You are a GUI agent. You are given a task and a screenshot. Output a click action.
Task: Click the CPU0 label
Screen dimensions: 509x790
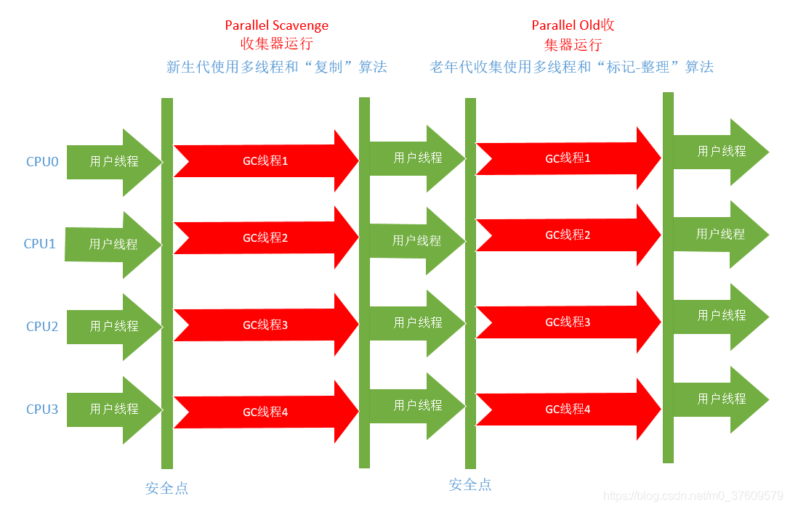[x=42, y=161]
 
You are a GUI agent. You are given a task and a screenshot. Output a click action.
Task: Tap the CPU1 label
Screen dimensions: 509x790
[x=40, y=243]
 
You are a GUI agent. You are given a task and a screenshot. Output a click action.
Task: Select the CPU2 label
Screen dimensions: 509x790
[x=42, y=326]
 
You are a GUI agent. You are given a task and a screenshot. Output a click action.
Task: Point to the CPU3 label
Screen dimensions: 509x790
[x=42, y=409]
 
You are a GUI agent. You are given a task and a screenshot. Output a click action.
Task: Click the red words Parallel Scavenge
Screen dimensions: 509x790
[x=276, y=25]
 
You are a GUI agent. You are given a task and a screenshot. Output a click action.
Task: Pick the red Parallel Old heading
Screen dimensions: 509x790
[x=573, y=25]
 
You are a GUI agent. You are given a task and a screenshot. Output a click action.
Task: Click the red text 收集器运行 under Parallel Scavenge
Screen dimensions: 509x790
[x=276, y=44]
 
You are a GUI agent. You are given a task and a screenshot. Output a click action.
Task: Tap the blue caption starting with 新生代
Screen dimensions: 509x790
[x=276, y=67]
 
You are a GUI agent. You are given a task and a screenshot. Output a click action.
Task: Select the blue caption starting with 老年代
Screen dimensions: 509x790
[x=571, y=67]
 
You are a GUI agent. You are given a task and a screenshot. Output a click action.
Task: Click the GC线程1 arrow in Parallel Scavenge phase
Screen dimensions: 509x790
[x=265, y=160]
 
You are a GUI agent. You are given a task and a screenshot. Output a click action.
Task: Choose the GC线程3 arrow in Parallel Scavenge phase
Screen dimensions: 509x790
[x=265, y=325]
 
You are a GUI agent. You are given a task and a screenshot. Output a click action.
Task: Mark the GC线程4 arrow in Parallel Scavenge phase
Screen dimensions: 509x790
[x=265, y=412]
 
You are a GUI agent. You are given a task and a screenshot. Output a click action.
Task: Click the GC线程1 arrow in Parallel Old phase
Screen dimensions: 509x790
[x=568, y=158]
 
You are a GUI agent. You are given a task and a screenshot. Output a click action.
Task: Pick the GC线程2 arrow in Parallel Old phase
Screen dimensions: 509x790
[x=568, y=235]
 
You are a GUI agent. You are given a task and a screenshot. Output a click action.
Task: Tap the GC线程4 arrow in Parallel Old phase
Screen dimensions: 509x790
[x=568, y=409]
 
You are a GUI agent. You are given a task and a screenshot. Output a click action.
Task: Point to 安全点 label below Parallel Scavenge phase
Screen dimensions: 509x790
[x=166, y=488]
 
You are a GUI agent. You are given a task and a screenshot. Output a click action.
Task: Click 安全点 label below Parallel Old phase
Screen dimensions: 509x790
[x=469, y=484]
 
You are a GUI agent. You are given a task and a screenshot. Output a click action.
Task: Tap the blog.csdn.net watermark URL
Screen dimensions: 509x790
[x=693, y=496]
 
